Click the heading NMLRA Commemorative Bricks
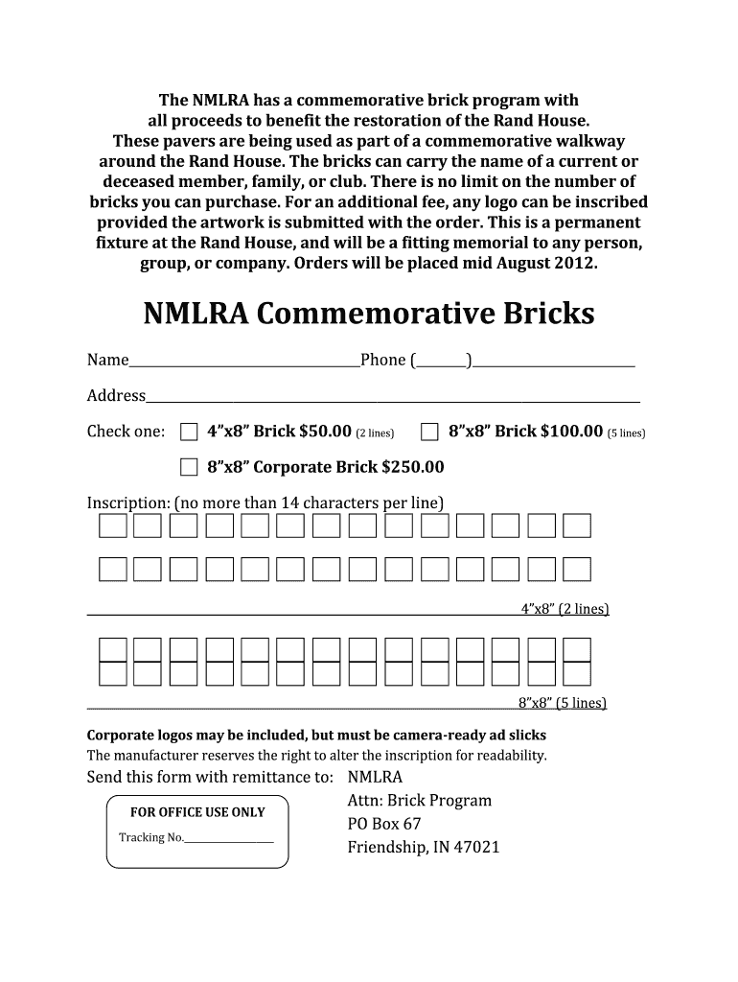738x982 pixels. coord(369,314)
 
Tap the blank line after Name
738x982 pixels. coord(244,362)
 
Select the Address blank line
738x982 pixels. coord(393,397)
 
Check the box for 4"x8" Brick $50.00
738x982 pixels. coord(190,432)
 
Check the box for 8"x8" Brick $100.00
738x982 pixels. coord(430,432)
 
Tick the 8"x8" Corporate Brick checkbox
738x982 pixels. coord(190,468)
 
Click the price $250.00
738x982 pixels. coord(413,468)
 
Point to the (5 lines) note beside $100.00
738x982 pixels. coord(627,433)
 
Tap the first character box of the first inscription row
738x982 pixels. coord(112,526)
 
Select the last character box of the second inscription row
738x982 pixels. coord(577,570)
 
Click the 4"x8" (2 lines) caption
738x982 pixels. coord(565,609)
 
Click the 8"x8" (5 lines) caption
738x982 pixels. coord(563,703)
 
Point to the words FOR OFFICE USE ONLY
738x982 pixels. coord(197,812)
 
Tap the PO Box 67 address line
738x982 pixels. coord(383,824)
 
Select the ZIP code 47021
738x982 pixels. coord(477,848)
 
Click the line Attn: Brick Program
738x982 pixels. coord(419,800)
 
